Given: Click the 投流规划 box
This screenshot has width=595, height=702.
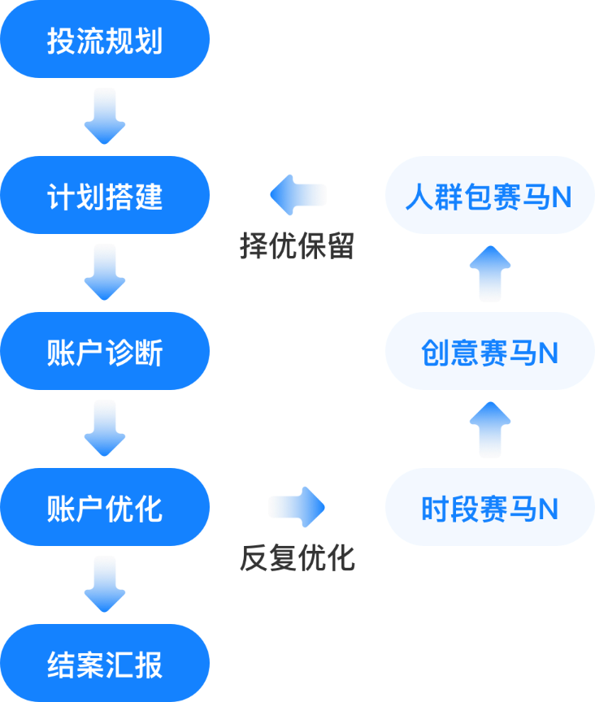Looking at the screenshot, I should [x=105, y=39].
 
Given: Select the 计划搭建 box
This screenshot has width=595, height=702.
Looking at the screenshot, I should [x=105, y=195].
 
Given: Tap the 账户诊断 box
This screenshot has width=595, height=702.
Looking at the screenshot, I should [x=105, y=351].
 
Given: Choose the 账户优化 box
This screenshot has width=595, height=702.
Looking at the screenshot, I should [x=105, y=507].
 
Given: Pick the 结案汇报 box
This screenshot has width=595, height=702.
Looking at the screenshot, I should [x=105, y=663].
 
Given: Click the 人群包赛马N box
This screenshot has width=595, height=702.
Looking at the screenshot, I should [x=489, y=195].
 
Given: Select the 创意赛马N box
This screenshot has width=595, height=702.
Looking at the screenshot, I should [x=489, y=351].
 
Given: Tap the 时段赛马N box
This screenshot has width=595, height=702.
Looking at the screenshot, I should [x=489, y=507].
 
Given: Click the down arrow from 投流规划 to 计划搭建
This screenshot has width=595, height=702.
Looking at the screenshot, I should [x=105, y=116].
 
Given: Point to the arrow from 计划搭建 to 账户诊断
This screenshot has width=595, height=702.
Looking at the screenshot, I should [x=105, y=272].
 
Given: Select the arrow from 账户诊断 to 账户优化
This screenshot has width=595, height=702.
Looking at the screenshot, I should [x=105, y=428].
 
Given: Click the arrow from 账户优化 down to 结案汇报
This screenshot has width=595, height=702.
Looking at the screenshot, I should [x=105, y=584].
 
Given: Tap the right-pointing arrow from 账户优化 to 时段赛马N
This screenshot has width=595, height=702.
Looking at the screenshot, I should [x=297, y=507].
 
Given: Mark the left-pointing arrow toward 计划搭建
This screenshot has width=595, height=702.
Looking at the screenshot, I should [x=297, y=195].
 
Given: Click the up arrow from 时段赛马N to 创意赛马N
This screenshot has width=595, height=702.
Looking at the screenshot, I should [x=489, y=430].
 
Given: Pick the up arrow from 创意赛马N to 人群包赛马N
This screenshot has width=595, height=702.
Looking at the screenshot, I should [x=489, y=274].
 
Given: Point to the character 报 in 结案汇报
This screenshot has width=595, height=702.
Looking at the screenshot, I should [x=150, y=664].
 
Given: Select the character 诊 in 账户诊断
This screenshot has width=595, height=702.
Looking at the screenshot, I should [x=119, y=352].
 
